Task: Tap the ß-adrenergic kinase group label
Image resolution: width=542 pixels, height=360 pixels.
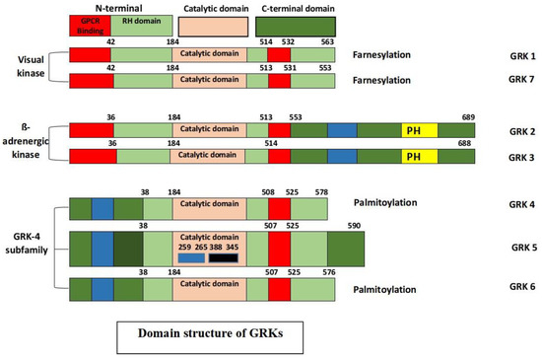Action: pos(27,143)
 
